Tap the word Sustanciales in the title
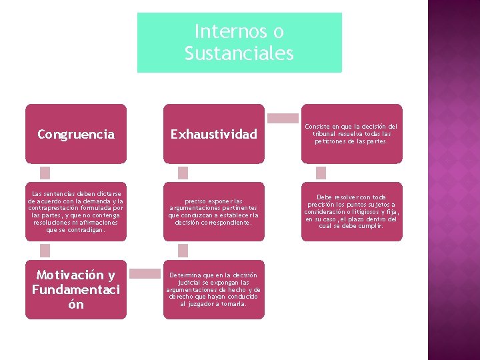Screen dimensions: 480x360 [x=239, y=53]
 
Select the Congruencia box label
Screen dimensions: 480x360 [x=76, y=134]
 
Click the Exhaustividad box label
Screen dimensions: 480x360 [x=213, y=134]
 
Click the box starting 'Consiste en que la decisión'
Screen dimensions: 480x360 [x=351, y=133]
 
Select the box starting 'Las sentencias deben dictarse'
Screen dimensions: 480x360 [x=76, y=211]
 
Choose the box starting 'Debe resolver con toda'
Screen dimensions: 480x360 [x=351, y=211]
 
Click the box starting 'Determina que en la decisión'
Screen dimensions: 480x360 [x=213, y=289]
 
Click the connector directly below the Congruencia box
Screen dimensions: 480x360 [x=45, y=173]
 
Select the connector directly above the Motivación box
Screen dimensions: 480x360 [x=45, y=251]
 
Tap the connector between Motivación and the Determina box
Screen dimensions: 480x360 [x=145, y=273]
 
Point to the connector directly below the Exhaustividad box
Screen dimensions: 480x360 [x=183, y=173]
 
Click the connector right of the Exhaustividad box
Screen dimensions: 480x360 [x=283, y=118]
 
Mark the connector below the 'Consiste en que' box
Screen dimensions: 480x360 [x=321, y=173]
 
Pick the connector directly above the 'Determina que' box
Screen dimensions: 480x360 [x=183, y=251]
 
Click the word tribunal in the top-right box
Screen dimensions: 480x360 [x=329, y=133]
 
